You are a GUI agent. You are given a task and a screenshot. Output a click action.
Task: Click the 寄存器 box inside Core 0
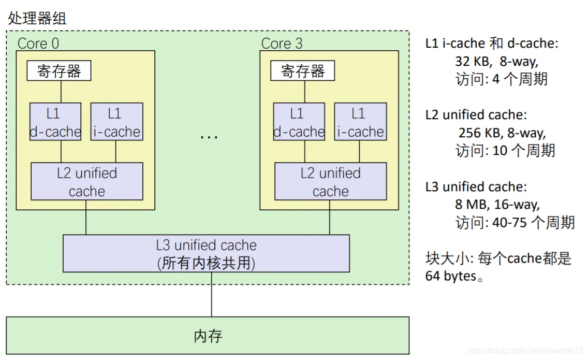click(x=59, y=71)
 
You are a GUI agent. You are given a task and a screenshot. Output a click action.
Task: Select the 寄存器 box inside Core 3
click(x=302, y=71)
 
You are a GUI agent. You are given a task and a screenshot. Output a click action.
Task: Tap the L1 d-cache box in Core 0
click(x=55, y=122)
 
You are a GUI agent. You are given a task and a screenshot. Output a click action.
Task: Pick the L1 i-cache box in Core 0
click(x=116, y=122)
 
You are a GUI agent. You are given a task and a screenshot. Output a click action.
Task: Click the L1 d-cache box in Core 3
click(x=299, y=122)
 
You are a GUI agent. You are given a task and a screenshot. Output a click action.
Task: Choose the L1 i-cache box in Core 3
click(x=360, y=122)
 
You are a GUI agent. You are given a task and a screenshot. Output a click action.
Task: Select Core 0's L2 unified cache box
click(x=87, y=182)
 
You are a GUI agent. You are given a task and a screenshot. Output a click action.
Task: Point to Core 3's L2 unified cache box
click(x=330, y=182)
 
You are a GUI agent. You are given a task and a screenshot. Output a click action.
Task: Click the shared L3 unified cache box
click(x=206, y=254)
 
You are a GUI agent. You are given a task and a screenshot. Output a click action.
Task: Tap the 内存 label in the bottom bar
click(x=208, y=336)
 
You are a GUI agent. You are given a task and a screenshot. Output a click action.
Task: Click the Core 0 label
click(x=38, y=44)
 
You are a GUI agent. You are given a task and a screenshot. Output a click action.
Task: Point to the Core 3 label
click(x=282, y=44)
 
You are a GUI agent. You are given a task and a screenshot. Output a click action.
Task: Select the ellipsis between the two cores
click(x=209, y=137)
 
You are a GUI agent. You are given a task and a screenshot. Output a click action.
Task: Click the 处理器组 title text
click(x=37, y=19)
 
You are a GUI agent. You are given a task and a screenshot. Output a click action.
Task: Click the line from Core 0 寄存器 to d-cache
click(x=61, y=92)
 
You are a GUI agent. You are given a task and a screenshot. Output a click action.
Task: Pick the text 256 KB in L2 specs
click(x=476, y=133)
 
